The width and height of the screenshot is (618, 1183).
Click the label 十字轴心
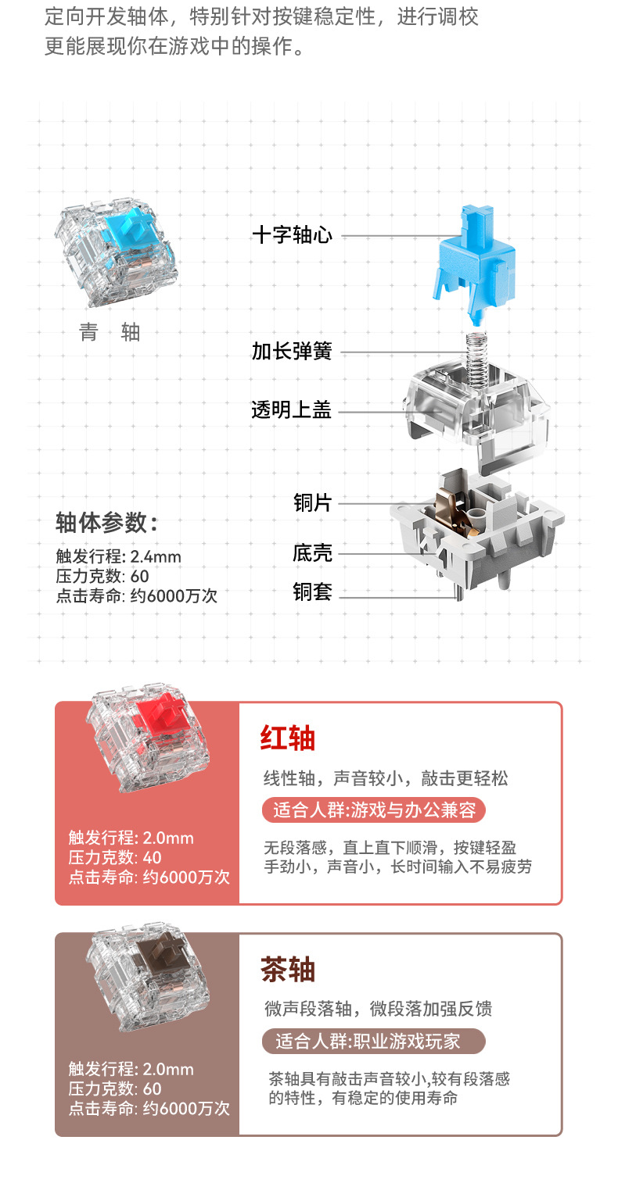click(x=292, y=234)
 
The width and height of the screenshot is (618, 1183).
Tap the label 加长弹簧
click(x=292, y=352)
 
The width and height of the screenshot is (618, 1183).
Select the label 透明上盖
click(x=292, y=409)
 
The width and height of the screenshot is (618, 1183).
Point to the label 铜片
click(x=312, y=502)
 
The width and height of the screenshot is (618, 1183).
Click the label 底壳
click(x=312, y=553)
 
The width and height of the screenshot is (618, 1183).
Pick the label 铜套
click(x=312, y=592)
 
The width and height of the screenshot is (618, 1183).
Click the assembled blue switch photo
click(x=115, y=256)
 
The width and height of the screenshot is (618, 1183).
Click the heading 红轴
click(x=287, y=737)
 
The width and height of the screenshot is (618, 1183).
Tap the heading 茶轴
click(x=287, y=970)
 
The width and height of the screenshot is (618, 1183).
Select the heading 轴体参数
click(x=106, y=521)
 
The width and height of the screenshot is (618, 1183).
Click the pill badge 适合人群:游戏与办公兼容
click(x=374, y=810)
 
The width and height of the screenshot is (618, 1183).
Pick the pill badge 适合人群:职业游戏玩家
click(x=373, y=1041)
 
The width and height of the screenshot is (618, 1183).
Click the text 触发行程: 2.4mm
click(x=118, y=556)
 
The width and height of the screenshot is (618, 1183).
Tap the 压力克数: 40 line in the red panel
click(x=115, y=857)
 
